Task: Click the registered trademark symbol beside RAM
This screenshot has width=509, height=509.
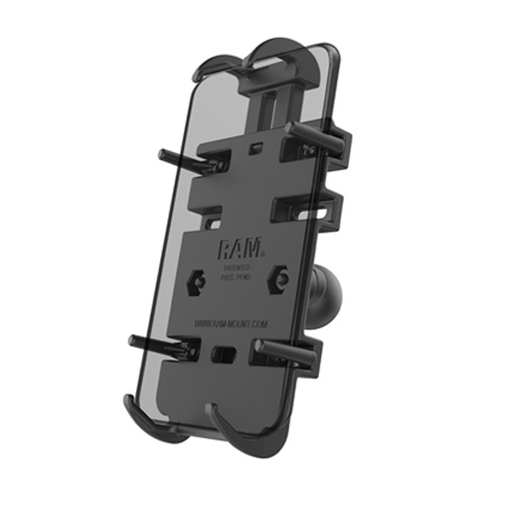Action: tap(260, 245)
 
